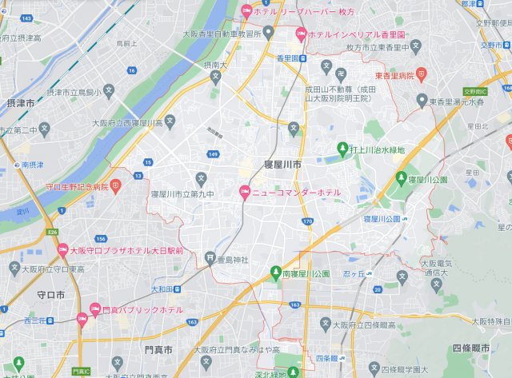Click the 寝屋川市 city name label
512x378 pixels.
pyautogui.click(x=281, y=163)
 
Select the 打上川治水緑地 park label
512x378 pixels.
pyautogui.click(x=375, y=149)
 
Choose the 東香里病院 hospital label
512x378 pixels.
pyautogui.click(x=395, y=74)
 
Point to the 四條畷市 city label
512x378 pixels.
pyautogui.click(x=476, y=348)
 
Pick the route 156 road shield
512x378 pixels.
pyautogui.click(x=101, y=239)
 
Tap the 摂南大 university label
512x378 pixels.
pyautogui.click(x=215, y=64)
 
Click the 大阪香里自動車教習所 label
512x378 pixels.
pyautogui.click(x=222, y=34)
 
